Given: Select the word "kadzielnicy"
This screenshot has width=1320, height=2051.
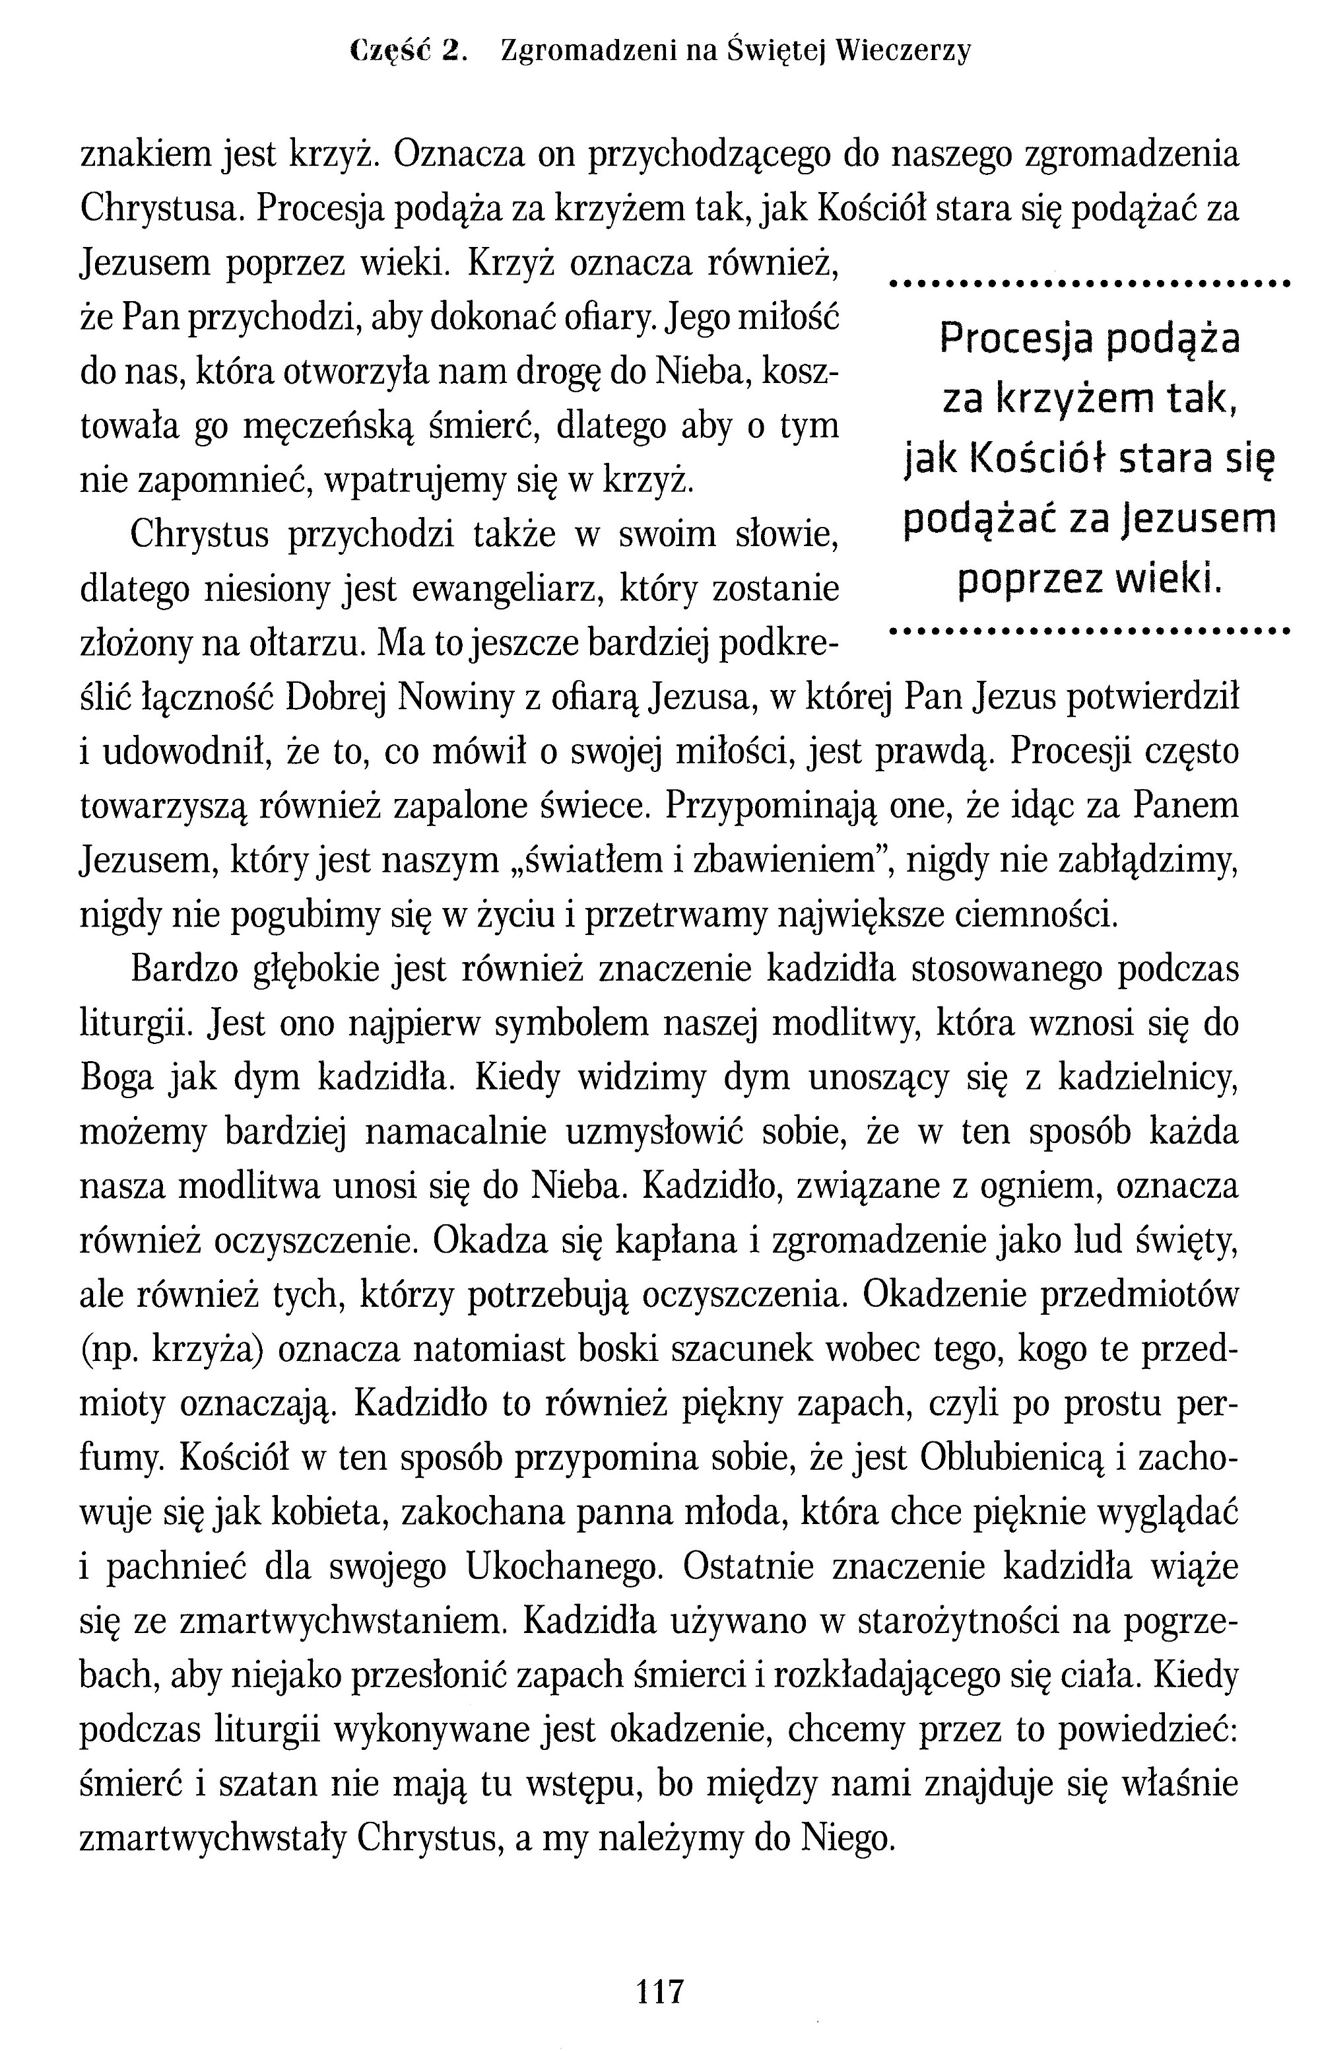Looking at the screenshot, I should [x=1148, y=1078].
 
